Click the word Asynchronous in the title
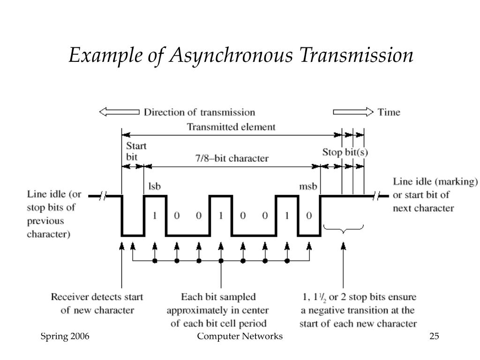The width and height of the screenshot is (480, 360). point(231,56)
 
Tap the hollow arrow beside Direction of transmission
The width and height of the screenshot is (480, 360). point(119,112)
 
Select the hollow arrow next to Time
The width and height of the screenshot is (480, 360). point(353,112)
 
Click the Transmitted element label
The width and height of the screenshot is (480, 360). point(231,127)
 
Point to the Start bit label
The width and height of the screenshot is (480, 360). point(136,151)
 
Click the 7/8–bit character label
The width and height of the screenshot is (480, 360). point(232,158)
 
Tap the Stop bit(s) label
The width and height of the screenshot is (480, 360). point(345,152)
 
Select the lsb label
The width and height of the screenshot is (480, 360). point(154,186)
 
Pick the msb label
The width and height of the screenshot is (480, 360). point(308,186)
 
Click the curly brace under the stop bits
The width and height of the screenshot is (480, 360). point(344,229)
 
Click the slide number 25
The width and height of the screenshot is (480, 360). point(434,336)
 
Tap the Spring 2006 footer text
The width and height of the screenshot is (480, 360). point(65,337)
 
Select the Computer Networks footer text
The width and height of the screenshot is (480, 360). point(240,337)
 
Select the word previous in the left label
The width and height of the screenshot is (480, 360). point(45,221)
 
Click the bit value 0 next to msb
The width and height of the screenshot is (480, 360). point(309,216)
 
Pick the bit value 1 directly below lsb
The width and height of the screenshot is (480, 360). point(155,216)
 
